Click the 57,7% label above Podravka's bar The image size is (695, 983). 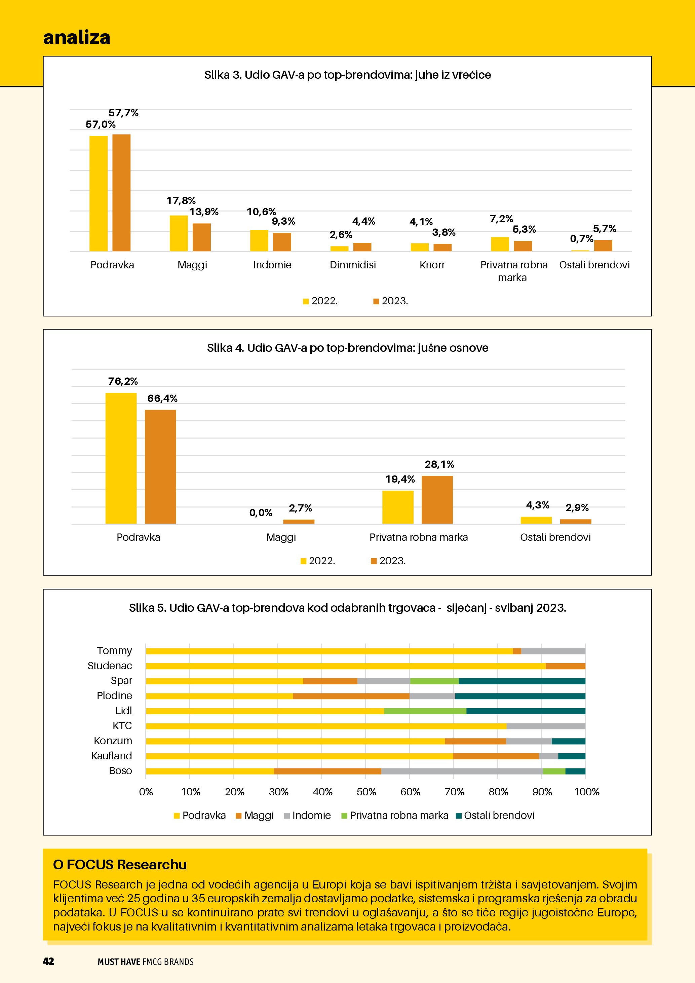pos(123,113)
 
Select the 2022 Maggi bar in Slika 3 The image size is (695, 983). pos(179,233)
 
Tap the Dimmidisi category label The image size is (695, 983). pos(353,265)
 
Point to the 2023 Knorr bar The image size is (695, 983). pos(442,248)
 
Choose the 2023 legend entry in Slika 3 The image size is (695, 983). pos(390,301)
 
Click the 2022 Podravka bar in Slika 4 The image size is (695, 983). pos(121,458)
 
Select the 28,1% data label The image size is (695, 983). pos(439,464)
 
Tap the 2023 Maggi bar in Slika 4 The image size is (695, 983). pos(299,522)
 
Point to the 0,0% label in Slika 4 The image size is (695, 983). pos(261,513)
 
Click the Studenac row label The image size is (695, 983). pos(110,666)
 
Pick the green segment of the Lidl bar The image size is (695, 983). pos(425,711)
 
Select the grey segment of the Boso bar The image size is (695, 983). pos(462,771)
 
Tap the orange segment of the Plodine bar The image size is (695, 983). pos(351,696)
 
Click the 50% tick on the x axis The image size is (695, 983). pos(366,792)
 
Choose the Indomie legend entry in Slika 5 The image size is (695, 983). pos(307,816)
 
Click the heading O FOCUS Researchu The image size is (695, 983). pos(120,865)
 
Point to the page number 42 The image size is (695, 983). pos(48,961)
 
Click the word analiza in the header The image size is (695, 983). pos(77,37)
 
